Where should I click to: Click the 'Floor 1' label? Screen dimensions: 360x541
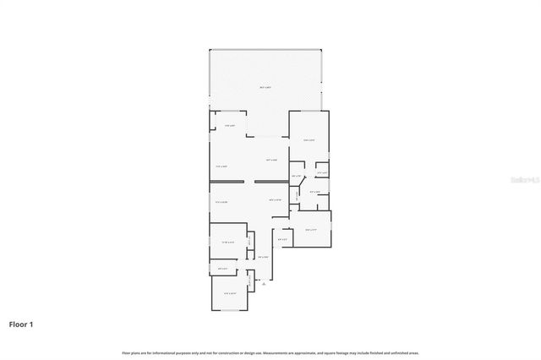point(22,324)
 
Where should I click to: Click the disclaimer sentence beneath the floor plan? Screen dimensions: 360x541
point(270,352)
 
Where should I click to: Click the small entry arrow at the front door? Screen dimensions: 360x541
point(263,285)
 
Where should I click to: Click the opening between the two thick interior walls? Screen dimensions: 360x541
point(249,182)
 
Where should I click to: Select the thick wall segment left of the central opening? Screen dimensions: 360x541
point(227,182)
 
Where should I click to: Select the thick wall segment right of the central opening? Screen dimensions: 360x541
point(270,182)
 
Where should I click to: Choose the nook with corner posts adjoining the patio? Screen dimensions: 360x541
point(229,124)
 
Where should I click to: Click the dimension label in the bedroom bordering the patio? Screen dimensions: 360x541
point(309,140)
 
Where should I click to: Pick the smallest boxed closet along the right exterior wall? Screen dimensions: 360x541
point(321,172)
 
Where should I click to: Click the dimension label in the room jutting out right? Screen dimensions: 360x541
point(310,229)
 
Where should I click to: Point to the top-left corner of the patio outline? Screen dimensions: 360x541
point(210,49)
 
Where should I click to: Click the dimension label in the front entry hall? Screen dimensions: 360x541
point(263,257)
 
